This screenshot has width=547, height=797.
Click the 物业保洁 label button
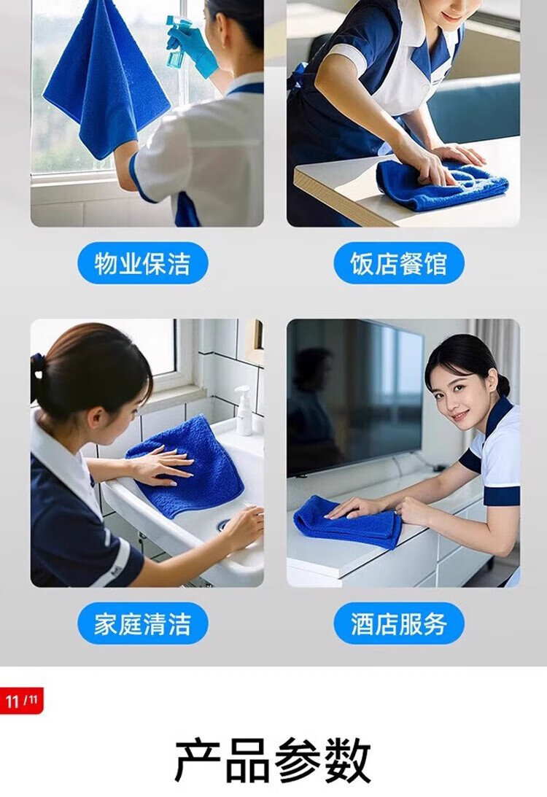(x=143, y=263)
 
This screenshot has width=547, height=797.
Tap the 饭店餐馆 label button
(x=398, y=263)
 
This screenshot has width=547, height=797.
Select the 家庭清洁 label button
(x=143, y=623)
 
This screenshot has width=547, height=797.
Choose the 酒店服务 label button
(x=398, y=623)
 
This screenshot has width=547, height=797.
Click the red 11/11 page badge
(x=21, y=701)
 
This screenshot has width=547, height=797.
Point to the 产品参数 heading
(x=273, y=761)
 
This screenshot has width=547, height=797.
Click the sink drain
(x=224, y=526)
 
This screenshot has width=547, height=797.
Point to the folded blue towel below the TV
(x=347, y=522)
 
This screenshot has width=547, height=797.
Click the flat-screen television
(x=355, y=399)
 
